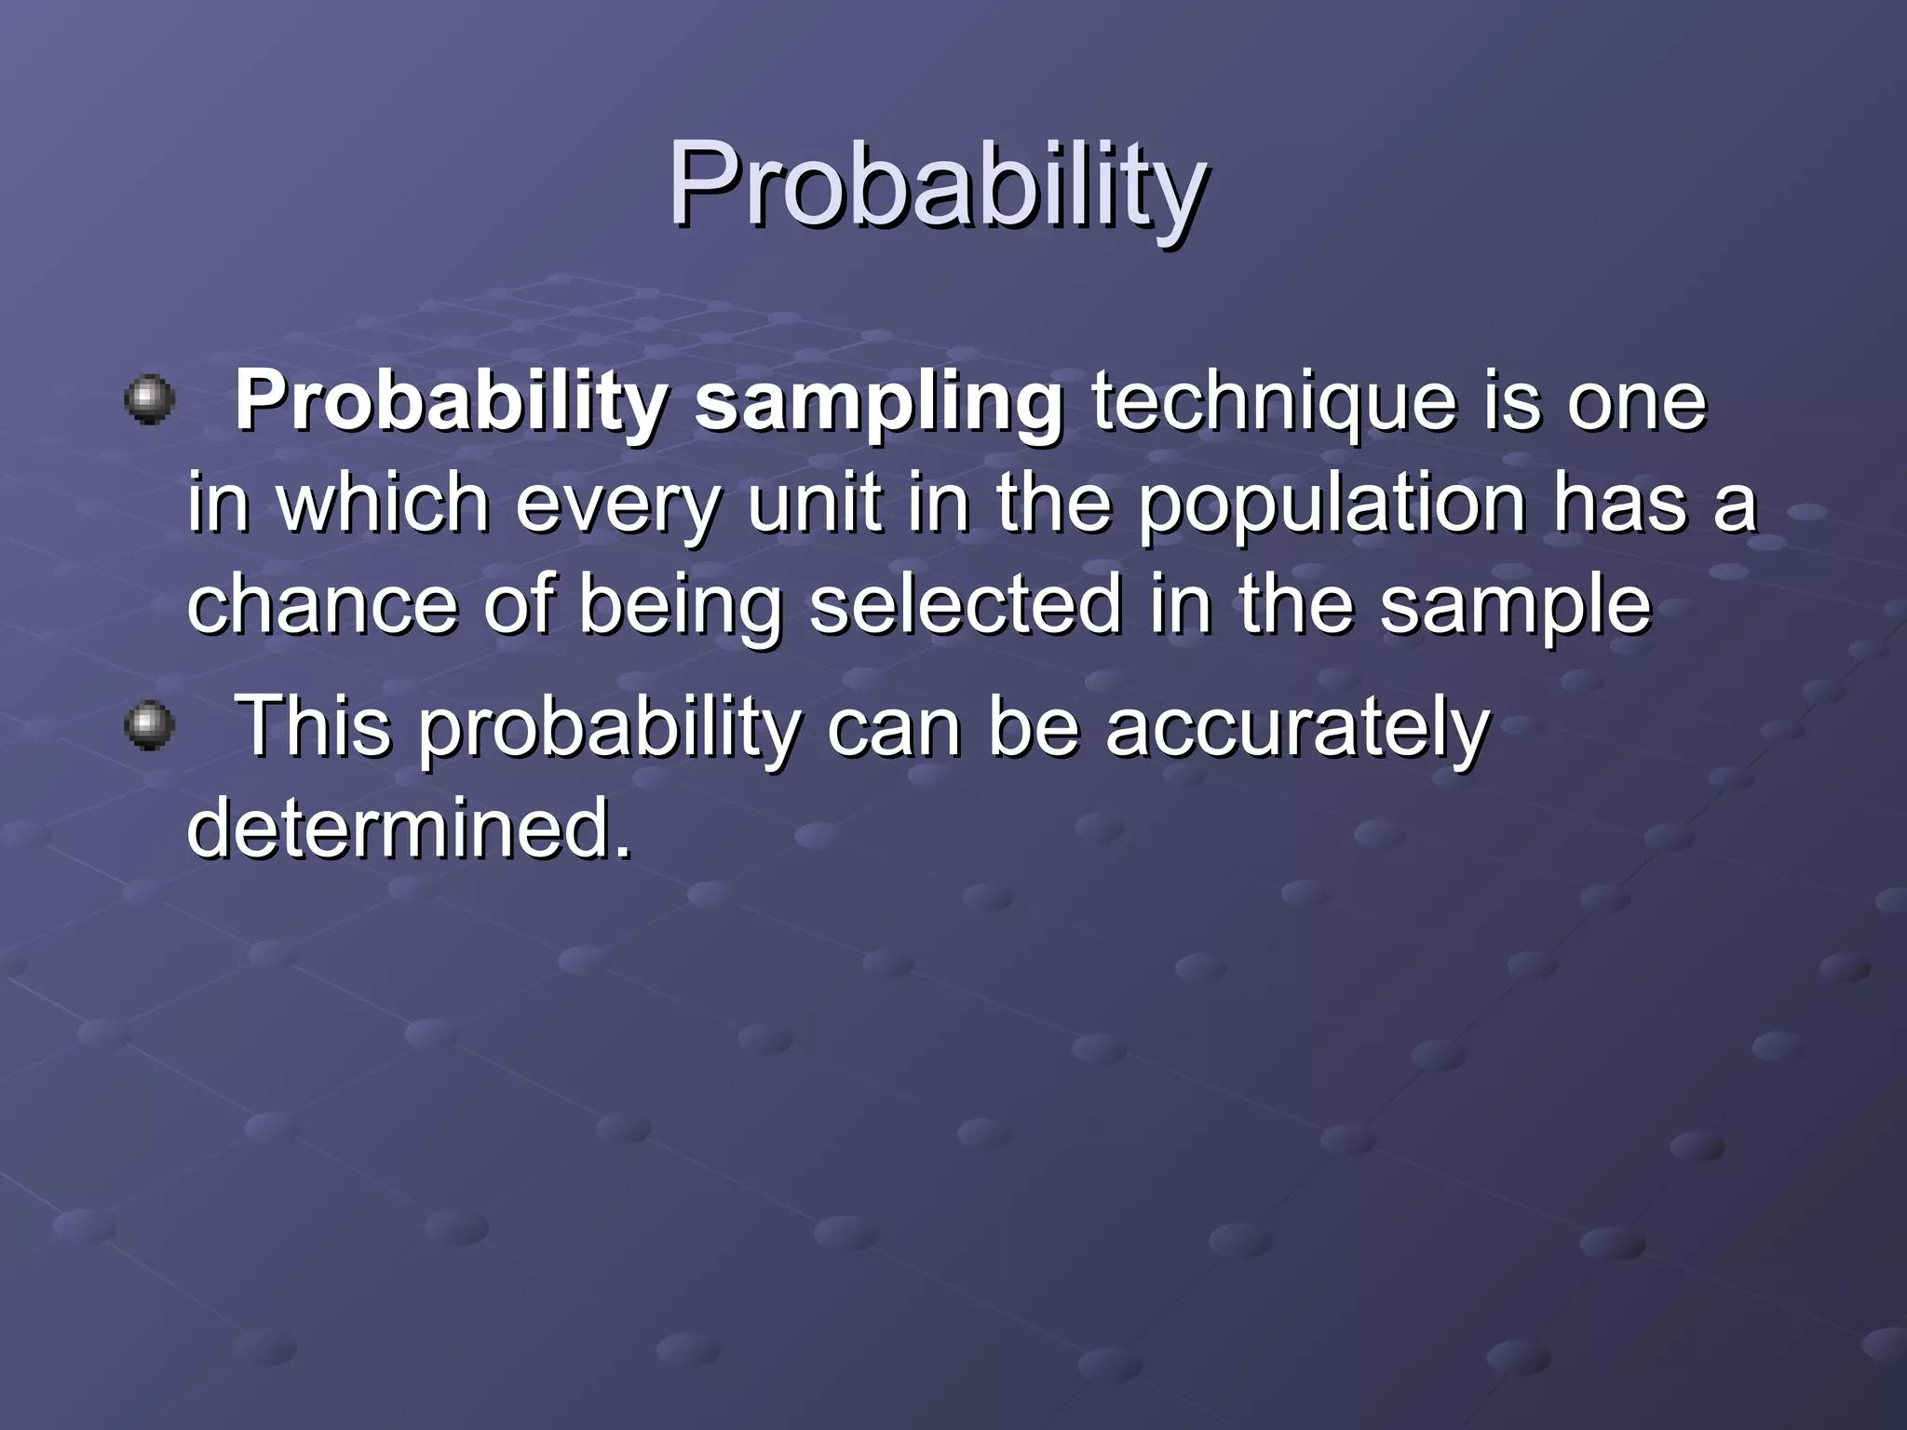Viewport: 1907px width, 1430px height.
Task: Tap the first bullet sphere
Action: (x=149, y=400)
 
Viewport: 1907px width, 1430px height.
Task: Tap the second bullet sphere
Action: (x=149, y=727)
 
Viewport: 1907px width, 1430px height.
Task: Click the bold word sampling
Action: (x=879, y=405)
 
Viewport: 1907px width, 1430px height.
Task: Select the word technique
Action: (x=1273, y=405)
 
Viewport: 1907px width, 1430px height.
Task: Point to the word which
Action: (x=383, y=504)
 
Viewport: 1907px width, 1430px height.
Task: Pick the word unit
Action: (x=814, y=504)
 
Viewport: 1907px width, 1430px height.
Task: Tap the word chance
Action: (x=322, y=606)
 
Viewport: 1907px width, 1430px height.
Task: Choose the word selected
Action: (x=965, y=606)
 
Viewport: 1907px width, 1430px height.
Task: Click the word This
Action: (x=314, y=727)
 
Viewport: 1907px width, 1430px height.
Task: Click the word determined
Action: (x=409, y=829)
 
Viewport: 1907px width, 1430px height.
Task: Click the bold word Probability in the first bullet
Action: (x=451, y=405)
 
